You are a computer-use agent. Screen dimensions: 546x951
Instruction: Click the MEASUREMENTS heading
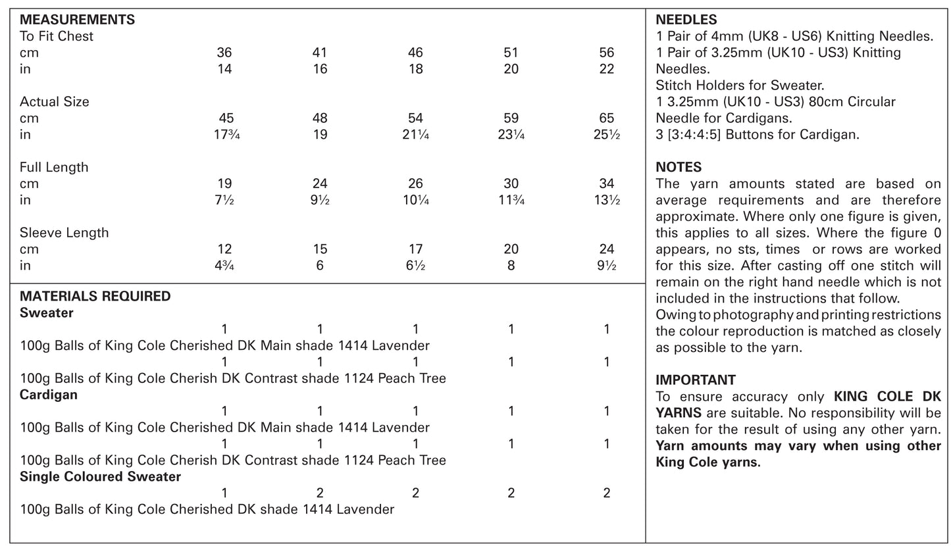[x=77, y=20]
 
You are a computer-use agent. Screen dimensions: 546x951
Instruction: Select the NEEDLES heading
[x=686, y=20]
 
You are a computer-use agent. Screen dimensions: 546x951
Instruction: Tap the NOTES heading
[x=679, y=167]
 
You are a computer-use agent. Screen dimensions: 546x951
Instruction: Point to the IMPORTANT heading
[x=696, y=380]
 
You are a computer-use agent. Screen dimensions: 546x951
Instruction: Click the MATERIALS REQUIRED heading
[x=95, y=296]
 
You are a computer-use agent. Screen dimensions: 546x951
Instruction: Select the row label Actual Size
[x=54, y=102]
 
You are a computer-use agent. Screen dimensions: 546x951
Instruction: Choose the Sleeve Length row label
[x=64, y=233]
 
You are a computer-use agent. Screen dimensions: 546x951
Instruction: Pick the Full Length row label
[x=53, y=167]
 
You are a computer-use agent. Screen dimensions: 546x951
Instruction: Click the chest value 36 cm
[x=224, y=53]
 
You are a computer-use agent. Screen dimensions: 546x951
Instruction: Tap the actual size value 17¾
[x=224, y=135]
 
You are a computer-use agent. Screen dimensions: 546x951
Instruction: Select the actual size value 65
[x=606, y=118]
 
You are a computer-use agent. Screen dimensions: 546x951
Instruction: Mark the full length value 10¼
[x=415, y=200]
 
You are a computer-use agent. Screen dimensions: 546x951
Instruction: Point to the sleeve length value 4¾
[x=224, y=266]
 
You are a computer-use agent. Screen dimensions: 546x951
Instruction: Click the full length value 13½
[x=606, y=200]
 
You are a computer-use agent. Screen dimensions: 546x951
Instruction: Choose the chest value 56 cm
[x=606, y=53]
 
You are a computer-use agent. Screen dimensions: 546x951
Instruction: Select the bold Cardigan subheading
[x=49, y=395]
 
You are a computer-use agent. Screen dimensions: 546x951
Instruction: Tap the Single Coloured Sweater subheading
[x=100, y=476]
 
